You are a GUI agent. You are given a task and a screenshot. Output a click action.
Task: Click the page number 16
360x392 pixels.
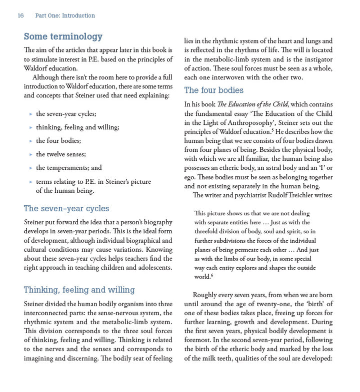[20, 15]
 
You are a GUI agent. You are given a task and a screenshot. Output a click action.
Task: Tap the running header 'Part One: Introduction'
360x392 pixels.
[65, 15]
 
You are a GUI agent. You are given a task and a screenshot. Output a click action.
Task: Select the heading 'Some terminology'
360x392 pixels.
[63, 36]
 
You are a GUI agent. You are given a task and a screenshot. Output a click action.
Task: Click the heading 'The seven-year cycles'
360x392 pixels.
[66, 208]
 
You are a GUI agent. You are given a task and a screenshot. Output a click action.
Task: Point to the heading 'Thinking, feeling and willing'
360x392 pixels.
[79, 290]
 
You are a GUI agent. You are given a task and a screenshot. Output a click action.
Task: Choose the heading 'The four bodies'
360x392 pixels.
[213, 90]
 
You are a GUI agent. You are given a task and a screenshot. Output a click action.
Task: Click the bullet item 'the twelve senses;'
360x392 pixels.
[61, 154]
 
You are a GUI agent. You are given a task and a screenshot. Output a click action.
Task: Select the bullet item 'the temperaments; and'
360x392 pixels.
[68, 168]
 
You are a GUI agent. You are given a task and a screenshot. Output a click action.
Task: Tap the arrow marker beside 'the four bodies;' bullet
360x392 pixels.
[31, 141]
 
